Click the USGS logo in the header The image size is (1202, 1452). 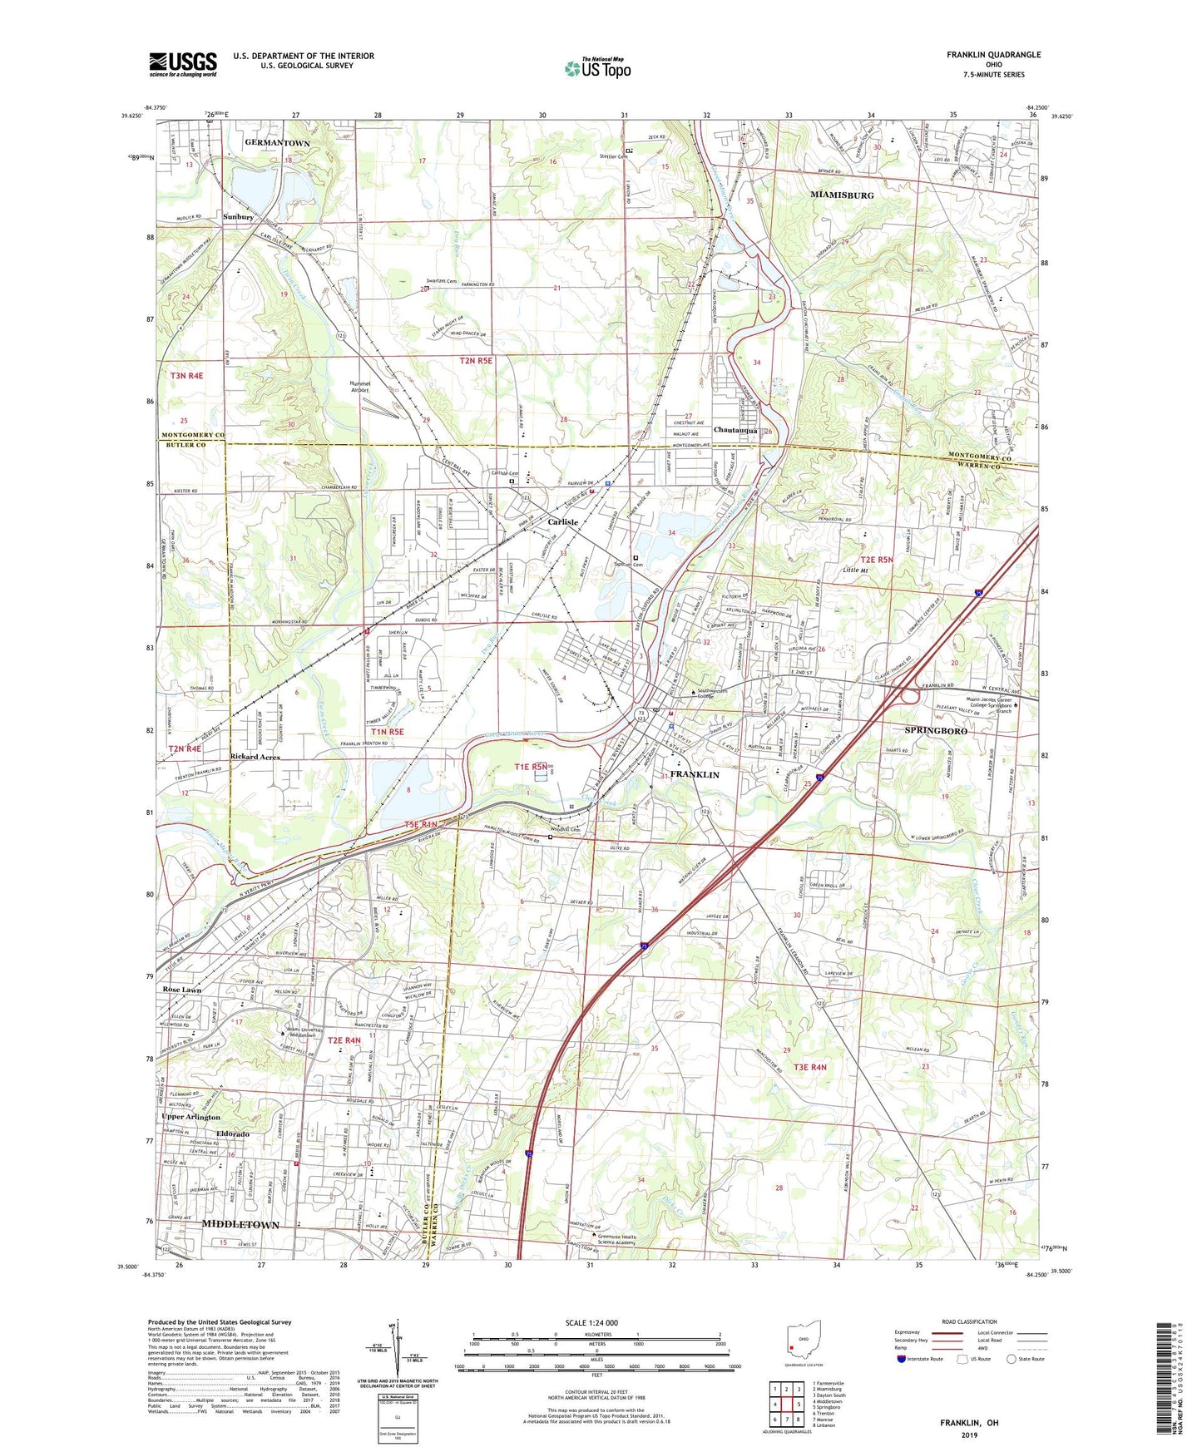coord(183,63)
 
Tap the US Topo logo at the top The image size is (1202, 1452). coord(597,68)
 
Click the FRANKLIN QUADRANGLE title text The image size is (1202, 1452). coord(993,55)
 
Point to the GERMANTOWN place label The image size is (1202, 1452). coord(277,143)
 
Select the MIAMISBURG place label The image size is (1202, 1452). coord(842,195)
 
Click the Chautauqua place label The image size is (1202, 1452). coord(735,431)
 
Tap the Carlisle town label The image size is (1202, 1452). coord(563,521)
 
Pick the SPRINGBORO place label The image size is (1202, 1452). coord(936,730)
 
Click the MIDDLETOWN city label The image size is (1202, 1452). coord(240,1225)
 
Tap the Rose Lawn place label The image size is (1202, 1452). coord(182,990)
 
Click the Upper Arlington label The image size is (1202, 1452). coord(191,1117)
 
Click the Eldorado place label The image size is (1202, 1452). coord(233,1134)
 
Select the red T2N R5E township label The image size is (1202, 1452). coord(476,361)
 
